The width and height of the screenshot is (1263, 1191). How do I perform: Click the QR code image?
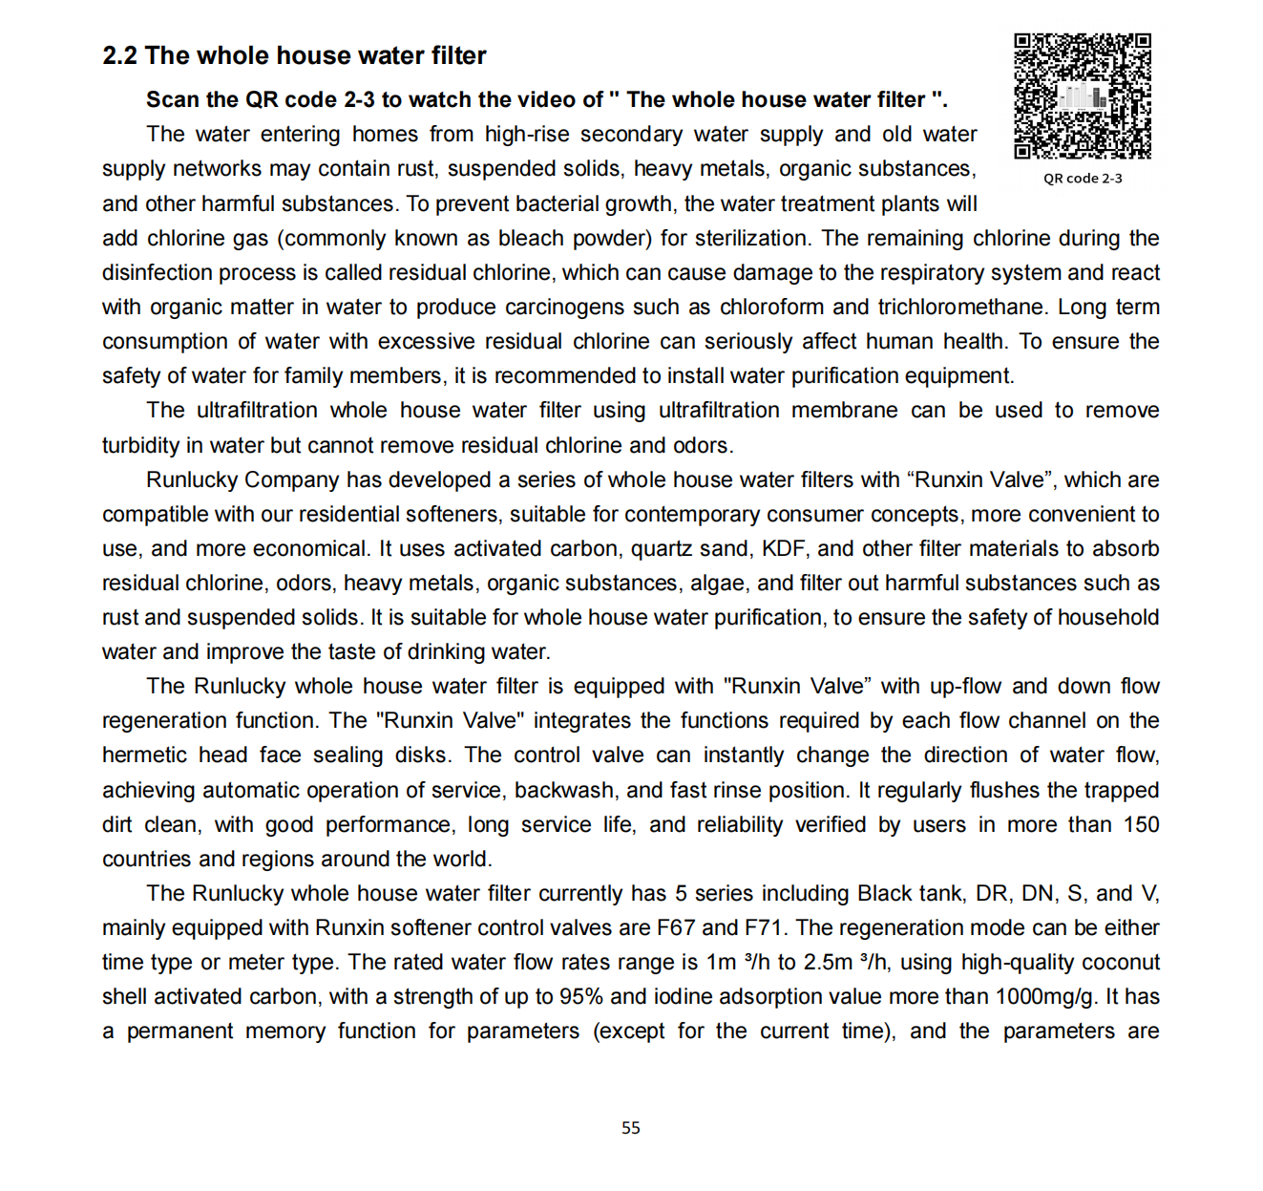click(x=1083, y=96)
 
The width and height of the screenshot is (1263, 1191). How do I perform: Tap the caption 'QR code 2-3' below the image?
click(x=1083, y=179)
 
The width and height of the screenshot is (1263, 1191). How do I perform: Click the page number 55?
click(x=631, y=1128)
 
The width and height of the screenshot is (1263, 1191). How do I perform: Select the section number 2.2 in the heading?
click(x=119, y=56)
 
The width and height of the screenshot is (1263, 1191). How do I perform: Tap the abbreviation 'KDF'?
click(x=784, y=549)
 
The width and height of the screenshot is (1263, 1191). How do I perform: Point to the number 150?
click(x=1141, y=825)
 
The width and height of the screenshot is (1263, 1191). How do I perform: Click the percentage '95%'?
click(x=581, y=997)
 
